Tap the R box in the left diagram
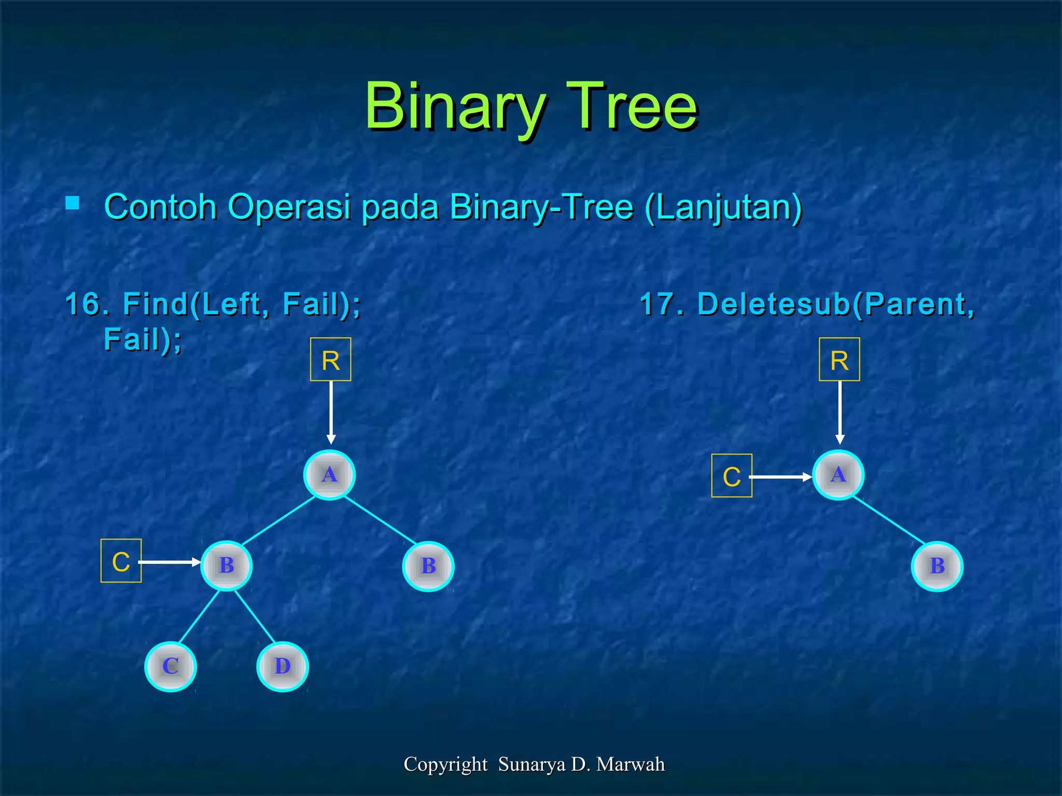[x=330, y=360]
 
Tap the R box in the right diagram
[x=839, y=360]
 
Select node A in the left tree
[x=329, y=475]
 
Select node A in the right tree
[x=838, y=475]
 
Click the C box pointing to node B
[x=121, y=561]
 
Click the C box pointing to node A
[x=731, y=476]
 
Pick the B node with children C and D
[x=227, y=565]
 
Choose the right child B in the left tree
[x=428, y=566]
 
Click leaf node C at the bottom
[x=171, y=666]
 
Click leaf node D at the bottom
[x=283, y=666]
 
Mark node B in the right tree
[x=937, y=566]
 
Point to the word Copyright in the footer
[x=445, y=764]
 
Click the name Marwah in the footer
[x=630, y=764]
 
